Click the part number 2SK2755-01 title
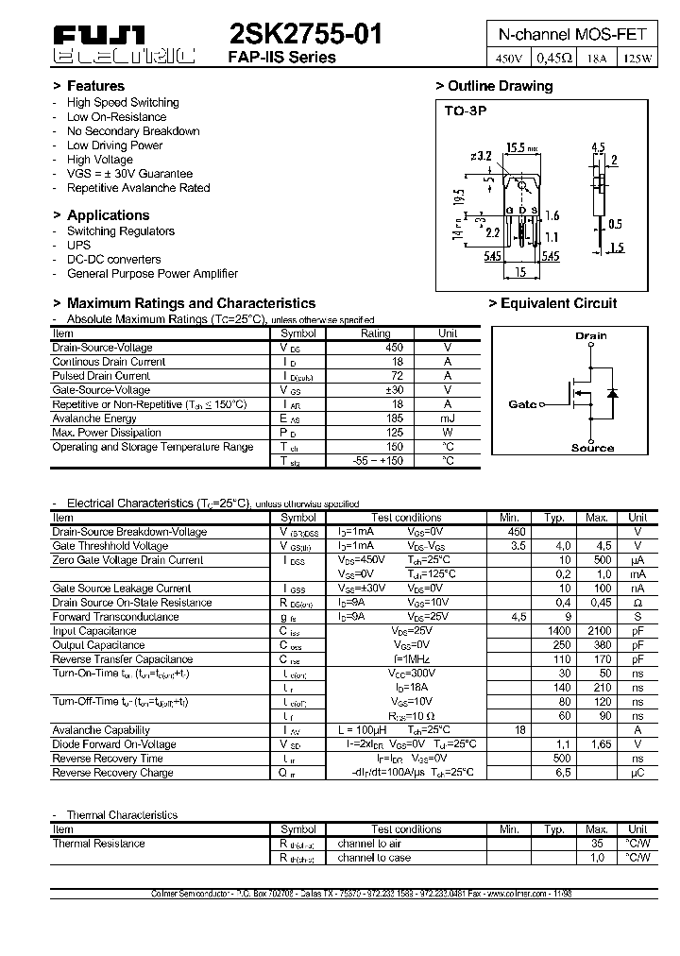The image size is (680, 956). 306,35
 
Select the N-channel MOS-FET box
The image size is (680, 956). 572,34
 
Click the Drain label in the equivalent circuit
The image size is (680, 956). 591,335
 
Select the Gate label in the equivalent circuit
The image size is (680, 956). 521,404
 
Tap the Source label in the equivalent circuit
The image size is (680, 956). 592,448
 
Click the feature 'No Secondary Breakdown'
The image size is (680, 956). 133,131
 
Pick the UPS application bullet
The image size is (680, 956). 79,245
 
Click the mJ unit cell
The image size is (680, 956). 448,418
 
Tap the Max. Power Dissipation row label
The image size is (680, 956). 107,432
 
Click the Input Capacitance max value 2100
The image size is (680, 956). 597,630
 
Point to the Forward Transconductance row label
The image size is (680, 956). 118,616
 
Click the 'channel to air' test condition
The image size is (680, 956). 369,844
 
